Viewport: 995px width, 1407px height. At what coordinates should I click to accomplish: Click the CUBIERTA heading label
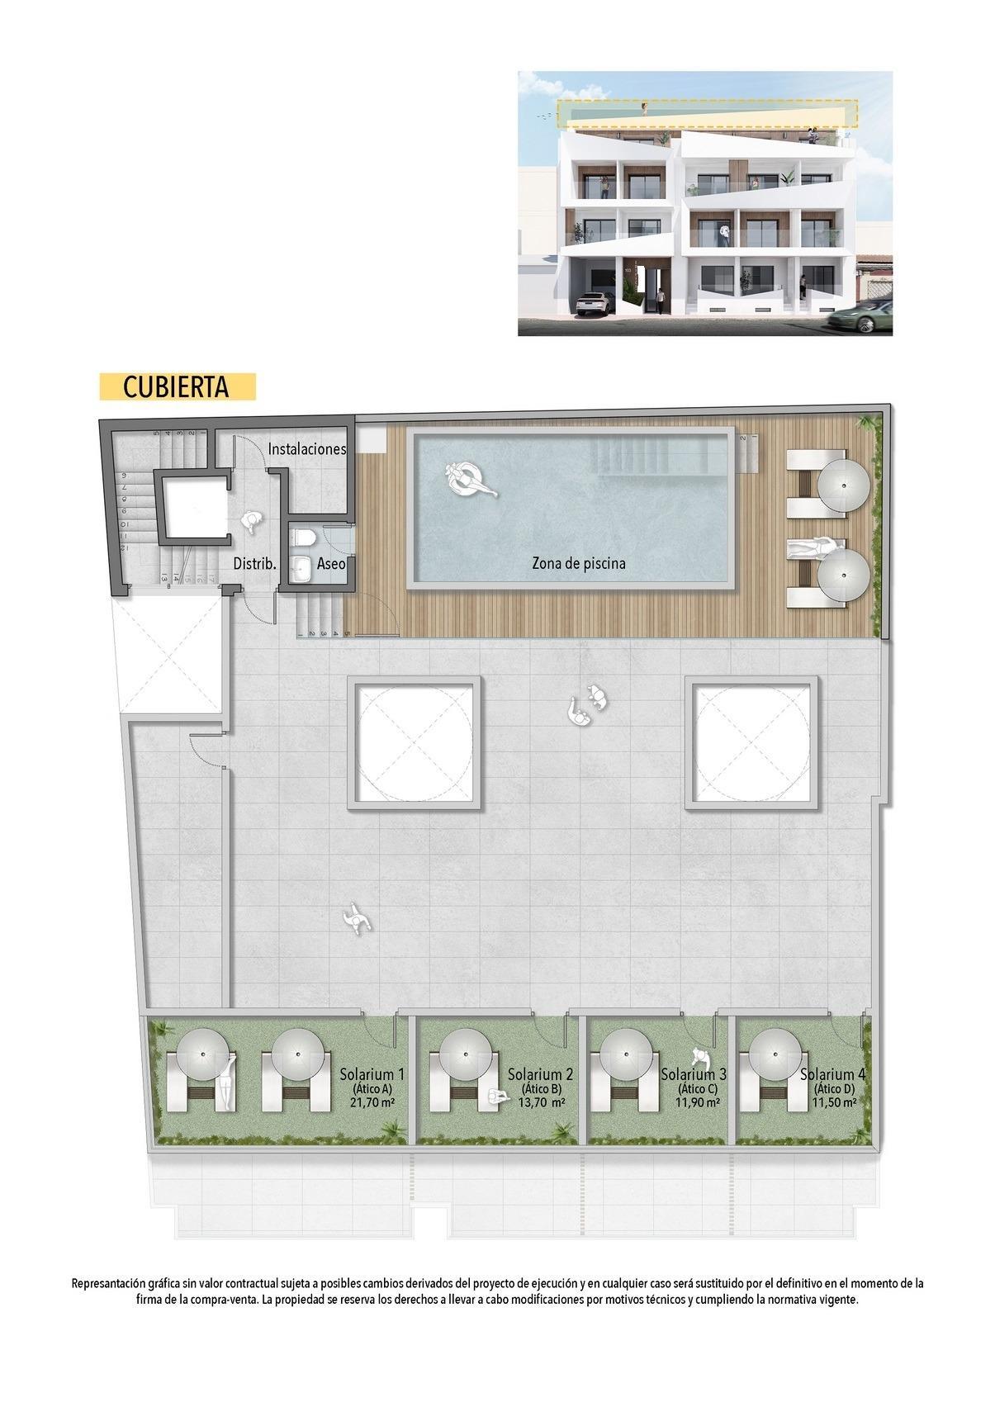[177, 387]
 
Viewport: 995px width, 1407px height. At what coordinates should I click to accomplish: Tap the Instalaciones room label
[306, 449]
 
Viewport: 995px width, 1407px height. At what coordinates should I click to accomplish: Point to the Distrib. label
[254, 564]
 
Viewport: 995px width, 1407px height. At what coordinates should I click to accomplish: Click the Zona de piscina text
[578, 564]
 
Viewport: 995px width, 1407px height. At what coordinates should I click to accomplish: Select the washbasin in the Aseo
[303, 567]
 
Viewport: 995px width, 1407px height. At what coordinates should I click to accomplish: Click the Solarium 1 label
[372, 1074]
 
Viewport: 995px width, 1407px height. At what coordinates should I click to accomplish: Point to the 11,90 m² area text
[698, 1102]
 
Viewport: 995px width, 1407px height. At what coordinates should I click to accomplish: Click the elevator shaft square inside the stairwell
[192, 505]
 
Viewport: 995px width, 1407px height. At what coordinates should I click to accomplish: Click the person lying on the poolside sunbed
[813, 546]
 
